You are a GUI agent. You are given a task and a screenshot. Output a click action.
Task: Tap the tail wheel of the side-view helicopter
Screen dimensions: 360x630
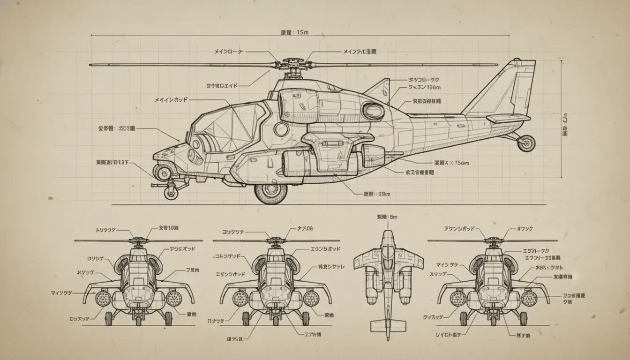526,143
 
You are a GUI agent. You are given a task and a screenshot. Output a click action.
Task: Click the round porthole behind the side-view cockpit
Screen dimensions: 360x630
281,129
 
